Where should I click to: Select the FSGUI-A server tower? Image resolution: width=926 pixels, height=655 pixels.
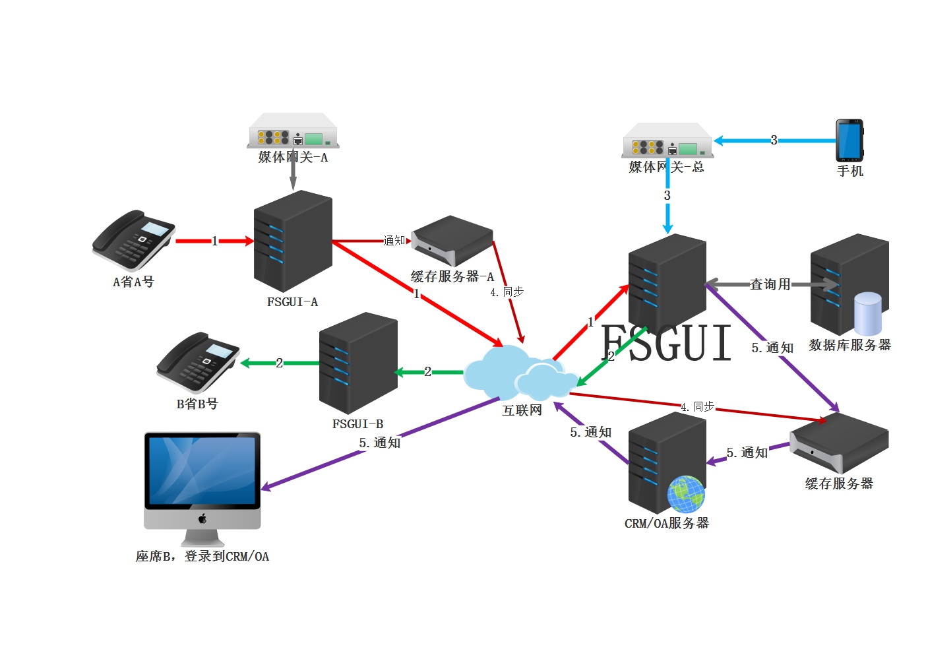[293, 241]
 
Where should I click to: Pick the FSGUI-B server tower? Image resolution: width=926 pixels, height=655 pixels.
[358, 363]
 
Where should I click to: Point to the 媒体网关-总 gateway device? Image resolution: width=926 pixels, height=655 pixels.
[667, 140]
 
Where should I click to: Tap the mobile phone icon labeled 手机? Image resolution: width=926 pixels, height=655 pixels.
[849, 140]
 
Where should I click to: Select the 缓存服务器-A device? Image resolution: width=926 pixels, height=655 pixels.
[452, 241]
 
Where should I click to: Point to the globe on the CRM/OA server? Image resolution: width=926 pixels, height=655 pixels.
[686, 494]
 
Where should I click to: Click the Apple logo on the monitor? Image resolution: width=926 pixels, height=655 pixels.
[202, 518]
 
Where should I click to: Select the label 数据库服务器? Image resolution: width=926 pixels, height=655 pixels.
[849, 345]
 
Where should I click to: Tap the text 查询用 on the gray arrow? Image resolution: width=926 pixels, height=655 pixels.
[770, 284]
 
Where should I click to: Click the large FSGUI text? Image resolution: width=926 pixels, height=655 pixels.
[667, 343]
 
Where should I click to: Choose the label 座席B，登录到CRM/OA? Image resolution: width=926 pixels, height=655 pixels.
[202, 556]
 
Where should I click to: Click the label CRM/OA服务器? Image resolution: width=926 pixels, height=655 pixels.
[667, 523]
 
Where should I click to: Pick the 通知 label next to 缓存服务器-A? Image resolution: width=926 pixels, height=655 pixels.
[394, 241]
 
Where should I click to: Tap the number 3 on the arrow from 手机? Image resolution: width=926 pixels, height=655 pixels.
[774, 140]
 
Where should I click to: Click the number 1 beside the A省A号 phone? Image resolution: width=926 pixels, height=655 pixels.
[214, 241]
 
